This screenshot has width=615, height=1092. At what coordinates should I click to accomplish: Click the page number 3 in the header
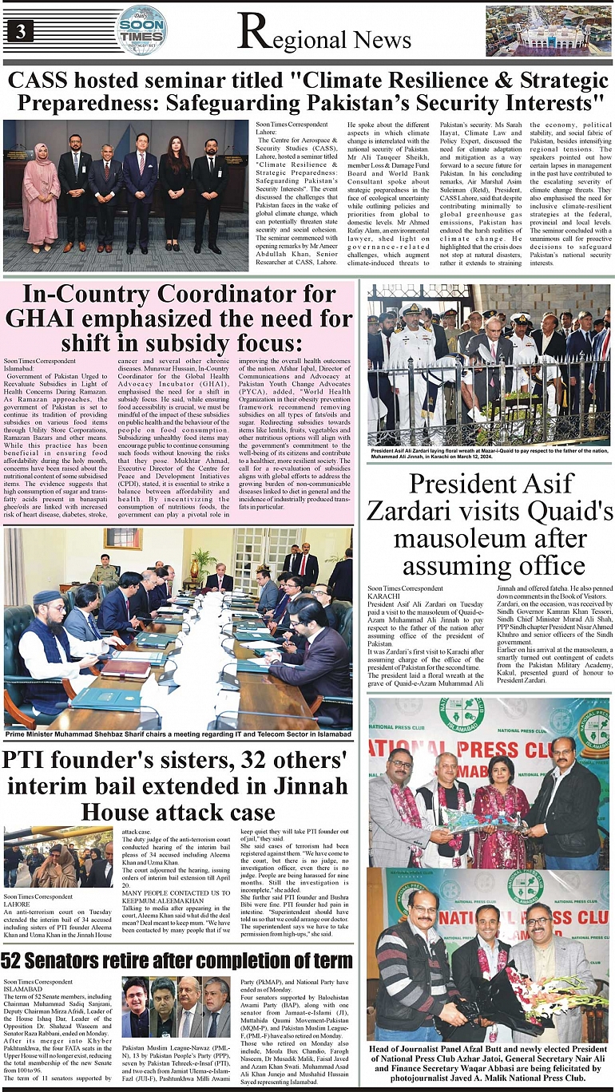click(x=20, y=31)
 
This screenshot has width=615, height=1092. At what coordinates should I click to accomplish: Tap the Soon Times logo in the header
click(x=141, y=30)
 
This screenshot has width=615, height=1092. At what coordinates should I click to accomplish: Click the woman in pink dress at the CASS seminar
click(x=40, y=192)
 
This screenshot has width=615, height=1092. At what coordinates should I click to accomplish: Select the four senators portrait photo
click(x=176, y=1007)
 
